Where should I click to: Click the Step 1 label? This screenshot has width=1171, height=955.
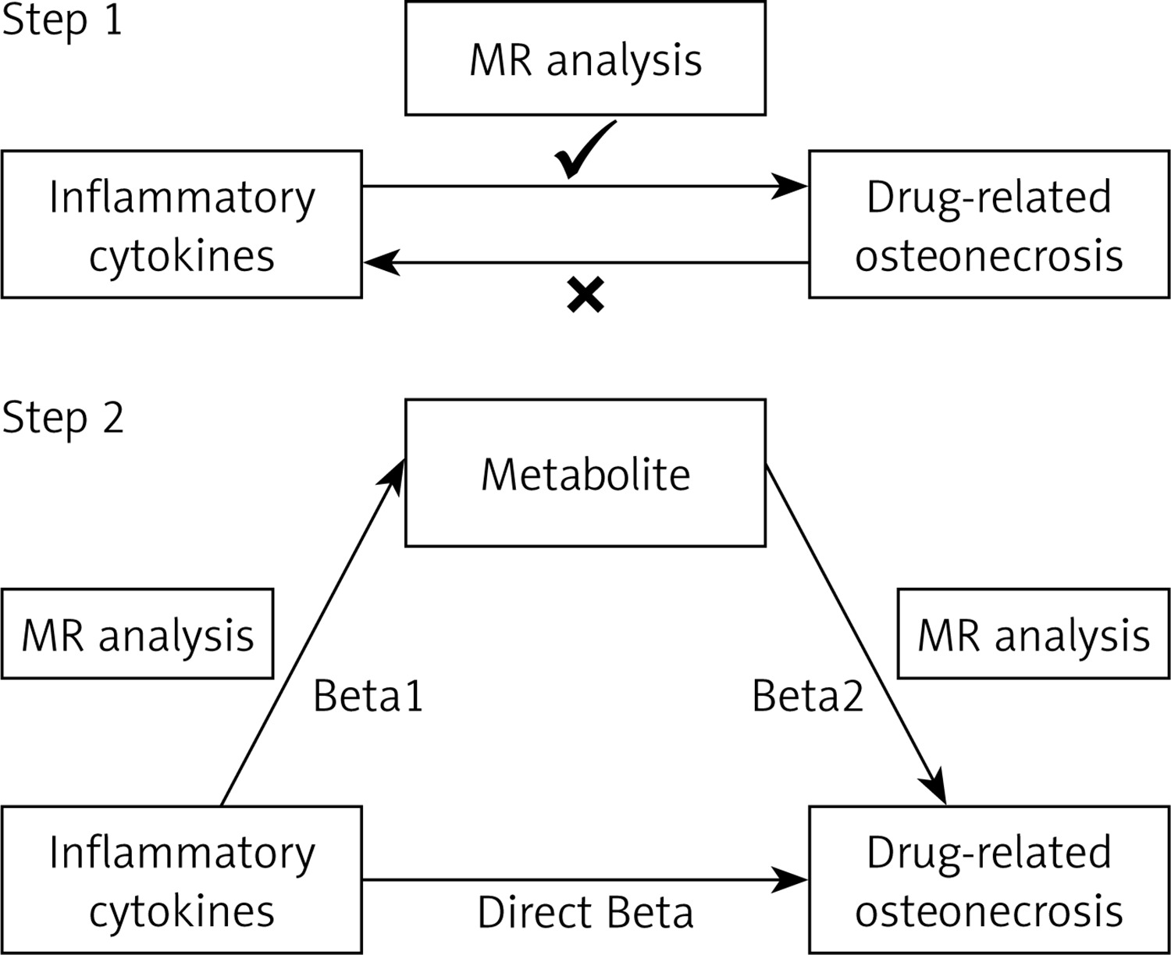(x=62, y=22)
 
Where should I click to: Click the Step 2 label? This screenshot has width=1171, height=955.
(x=62, y=419)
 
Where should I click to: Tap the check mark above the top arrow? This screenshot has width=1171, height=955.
(x=584, y=149)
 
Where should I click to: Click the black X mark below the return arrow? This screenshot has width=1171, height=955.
(x=585, y=294)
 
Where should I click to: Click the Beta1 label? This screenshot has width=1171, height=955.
(x=368, y=696)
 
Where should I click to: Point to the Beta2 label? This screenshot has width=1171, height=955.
(x=808, y=696)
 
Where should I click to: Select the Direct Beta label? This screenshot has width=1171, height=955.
(x=585, y=913)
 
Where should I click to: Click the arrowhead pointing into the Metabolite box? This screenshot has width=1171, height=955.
(x=392, y=478)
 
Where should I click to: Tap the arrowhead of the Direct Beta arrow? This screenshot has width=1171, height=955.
(x=788, y=880)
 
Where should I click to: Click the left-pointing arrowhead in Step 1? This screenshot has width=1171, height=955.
(x=382, y=262)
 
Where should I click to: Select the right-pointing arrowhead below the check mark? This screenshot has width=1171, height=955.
(x=788, y=186)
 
